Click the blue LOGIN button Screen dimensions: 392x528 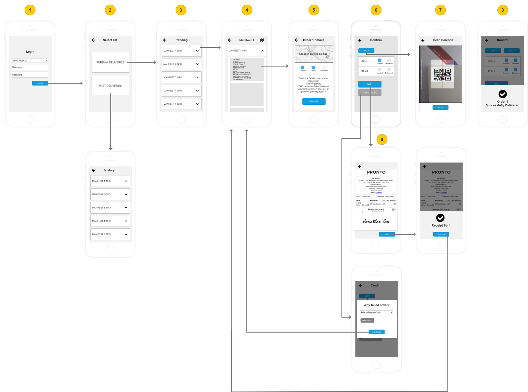40,83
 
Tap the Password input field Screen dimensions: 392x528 30,75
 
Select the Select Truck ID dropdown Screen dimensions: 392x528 30,61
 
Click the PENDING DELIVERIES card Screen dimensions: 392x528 110,62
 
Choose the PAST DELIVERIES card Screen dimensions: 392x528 110,86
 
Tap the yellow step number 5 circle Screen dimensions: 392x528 313,10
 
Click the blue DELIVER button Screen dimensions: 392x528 314,101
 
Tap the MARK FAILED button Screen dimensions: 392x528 370,92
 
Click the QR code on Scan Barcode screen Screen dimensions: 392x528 442,74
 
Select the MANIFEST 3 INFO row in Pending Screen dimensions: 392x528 181,77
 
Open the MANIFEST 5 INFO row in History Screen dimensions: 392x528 110,234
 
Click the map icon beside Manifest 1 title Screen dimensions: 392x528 262,40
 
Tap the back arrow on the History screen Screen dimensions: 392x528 93,170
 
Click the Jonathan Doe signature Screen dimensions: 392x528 376,221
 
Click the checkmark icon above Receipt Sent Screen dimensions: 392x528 440,218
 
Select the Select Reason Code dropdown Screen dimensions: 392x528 377,312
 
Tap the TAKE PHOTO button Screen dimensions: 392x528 367,320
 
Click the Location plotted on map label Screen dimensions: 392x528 313,54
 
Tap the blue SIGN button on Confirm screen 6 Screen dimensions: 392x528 370,84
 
